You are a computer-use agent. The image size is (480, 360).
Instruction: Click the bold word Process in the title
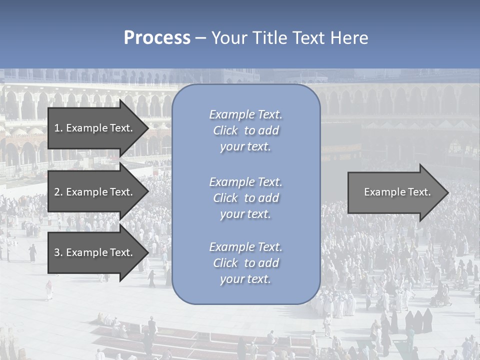coord(157,37)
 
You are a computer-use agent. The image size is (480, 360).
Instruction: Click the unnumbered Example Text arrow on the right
coord(397,192)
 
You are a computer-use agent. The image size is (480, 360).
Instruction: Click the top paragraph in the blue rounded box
coord(245,130)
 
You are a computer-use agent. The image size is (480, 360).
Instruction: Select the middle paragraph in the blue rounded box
coord(245,198)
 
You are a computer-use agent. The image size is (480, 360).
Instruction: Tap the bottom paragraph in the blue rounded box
coord(245,263)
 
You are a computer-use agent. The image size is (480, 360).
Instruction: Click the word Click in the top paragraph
coord(225,130)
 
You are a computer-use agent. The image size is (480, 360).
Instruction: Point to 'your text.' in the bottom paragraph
coord(245,279)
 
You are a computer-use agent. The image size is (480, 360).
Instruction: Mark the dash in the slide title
coord(200,38)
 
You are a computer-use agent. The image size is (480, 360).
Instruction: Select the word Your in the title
coord(229,37)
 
